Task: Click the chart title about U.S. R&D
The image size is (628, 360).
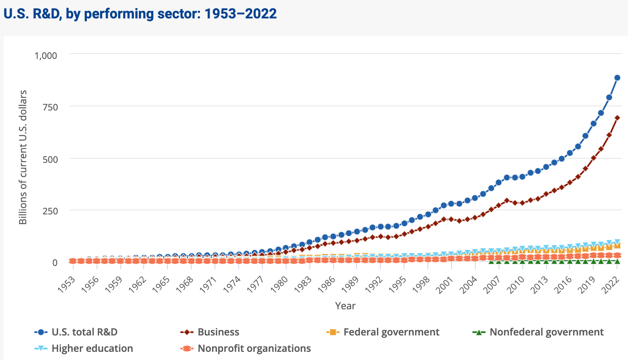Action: [140, 14]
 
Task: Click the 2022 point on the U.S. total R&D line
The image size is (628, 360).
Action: [617, 78]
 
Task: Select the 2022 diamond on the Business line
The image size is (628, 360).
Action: [617, 118]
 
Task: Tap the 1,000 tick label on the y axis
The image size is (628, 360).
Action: [46, 55]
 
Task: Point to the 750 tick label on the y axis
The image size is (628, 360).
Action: [50, 107]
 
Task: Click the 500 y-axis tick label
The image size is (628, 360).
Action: [50, 159]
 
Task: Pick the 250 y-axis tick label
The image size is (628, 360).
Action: [50, 211]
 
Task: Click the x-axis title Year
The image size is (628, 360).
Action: [345, 306]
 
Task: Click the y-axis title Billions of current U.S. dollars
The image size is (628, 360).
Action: [23, 157]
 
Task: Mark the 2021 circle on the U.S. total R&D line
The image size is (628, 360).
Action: [609, 97]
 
